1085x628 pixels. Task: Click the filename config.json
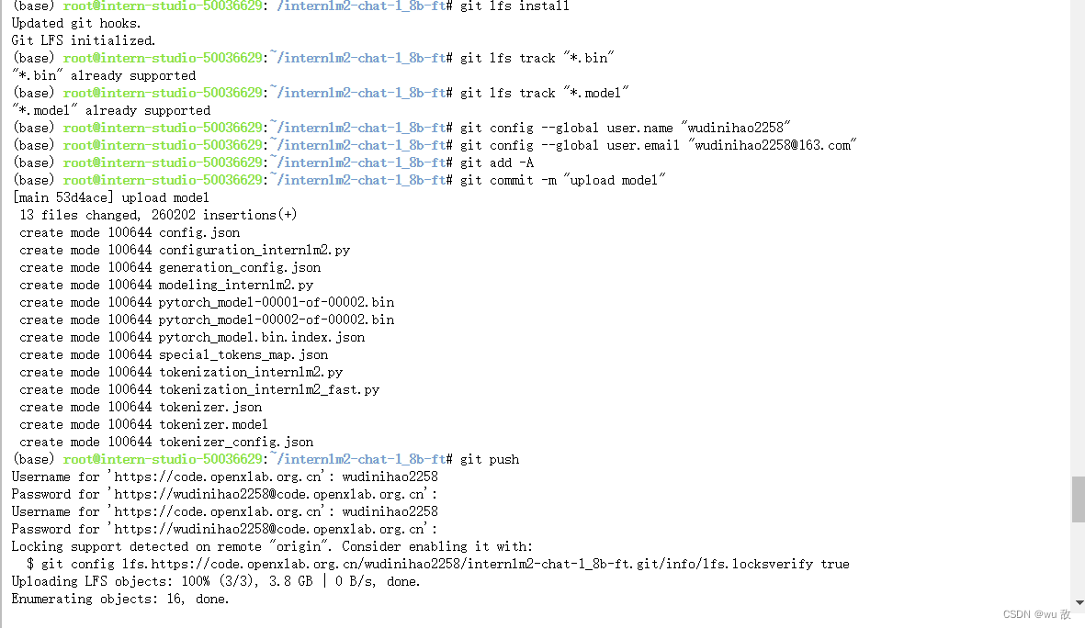[199, 232]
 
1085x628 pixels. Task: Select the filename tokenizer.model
[213, 424]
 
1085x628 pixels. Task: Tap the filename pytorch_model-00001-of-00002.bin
[277, 302]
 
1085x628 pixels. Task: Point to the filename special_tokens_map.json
[243, 354]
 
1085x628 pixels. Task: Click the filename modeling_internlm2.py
[236, 285]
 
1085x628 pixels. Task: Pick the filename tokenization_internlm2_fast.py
[269, 389]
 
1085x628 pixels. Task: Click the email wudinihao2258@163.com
[774, 145]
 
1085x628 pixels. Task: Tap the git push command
[490, 459]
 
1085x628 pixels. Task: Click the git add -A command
[497, 163]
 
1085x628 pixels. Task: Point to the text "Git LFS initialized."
[84, 40]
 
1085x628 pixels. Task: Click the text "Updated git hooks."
[76, 23]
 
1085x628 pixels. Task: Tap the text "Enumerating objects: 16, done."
[120, 599]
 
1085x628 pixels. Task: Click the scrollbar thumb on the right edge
[1078, 499]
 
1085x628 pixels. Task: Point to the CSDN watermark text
[1036, 614]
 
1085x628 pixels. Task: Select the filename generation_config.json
[240, 267]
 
